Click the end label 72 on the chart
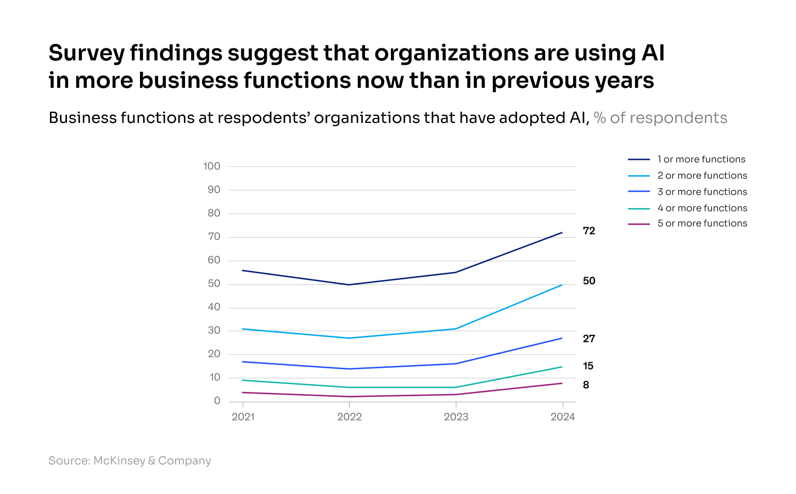(588, 231)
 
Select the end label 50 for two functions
(588, 281)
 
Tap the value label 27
(588, 339)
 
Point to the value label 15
(588, 366)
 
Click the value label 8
(586, 385)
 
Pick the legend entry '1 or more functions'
(701, 159)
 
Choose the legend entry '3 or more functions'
(702, 192)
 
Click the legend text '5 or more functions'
(702, 223)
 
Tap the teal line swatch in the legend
(638, 208)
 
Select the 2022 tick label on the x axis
(349, 417)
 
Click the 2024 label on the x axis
(562, 417)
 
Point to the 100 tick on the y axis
(211, 166)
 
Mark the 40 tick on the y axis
(214, 307)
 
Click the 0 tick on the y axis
(217, 401)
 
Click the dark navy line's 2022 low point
(349, 284)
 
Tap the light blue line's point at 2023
(456, 329)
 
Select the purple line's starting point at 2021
(243, 392)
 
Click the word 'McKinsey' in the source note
(119, 461)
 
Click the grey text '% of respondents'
(660, 118)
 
